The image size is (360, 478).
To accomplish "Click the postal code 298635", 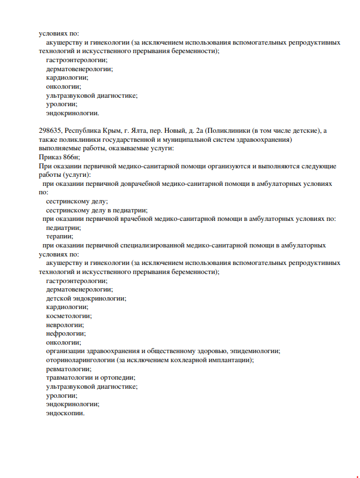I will pyautogui.click(x=51, y=131).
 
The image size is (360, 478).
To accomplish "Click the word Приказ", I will pyautogui.click(x=51, y=157).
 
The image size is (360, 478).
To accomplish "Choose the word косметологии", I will pyautogui.click(x=68, y=316).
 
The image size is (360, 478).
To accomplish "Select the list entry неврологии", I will pyautogui.click(x=65, y=325).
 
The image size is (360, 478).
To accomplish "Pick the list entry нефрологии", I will pyautogui.click(x=66, y=333).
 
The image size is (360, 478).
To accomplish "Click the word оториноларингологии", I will pyautogui.click(x=80, y=360).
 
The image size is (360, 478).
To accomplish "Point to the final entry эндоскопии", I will pyautogui.click(x=65, y=413).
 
